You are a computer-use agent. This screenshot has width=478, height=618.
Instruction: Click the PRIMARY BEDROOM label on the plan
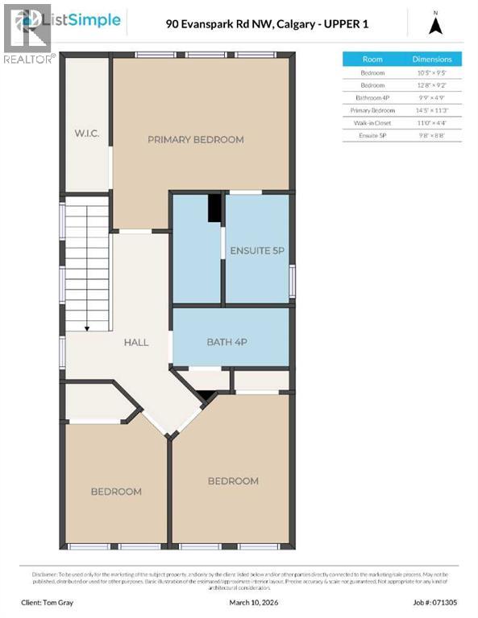pos(195,139)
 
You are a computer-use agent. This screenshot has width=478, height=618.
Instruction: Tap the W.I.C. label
pos(87,133)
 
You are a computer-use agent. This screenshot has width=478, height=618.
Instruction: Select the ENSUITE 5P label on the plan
pos(257,250)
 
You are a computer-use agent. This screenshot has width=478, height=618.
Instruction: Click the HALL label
pos(135,342)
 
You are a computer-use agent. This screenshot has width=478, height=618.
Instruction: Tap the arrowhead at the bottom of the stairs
pos(87,327)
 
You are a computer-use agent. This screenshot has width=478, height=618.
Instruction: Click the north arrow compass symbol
pos(435,26)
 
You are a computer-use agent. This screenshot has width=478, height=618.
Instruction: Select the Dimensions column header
pos(432,60)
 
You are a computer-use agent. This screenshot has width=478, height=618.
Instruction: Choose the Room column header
pos(372,60)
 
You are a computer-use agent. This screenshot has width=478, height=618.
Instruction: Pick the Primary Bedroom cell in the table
pos(372,109)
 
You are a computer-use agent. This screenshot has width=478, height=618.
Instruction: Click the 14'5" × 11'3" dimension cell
pos(432,109)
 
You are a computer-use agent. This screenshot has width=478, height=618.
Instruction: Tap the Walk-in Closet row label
pos(372,122)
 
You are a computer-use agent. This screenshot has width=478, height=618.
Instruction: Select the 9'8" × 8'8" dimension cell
pos(432,135)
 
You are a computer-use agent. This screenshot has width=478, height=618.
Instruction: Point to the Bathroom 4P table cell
pos(372,97)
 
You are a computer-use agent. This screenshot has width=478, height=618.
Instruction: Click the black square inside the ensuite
pos(214,208)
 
